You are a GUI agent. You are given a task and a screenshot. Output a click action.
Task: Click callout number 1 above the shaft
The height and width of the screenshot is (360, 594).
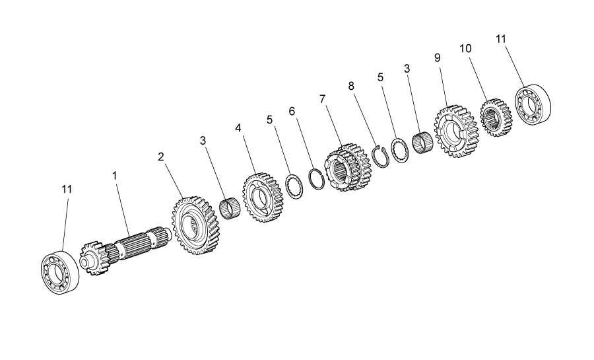(x=114, y=176)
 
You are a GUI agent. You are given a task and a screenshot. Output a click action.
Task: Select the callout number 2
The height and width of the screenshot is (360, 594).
(x=162, y=157)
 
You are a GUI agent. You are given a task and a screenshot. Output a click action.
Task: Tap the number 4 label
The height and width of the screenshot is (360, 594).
(x=238, y=128)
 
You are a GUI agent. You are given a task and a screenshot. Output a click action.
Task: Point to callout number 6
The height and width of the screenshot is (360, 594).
(x=292, y=112)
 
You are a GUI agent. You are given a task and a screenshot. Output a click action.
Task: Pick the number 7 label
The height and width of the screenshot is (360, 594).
(x=322, y=99)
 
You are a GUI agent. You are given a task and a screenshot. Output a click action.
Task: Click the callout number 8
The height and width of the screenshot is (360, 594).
(x=351, y=86)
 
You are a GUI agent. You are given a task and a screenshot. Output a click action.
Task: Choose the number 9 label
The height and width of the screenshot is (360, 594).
(x=438, y=58)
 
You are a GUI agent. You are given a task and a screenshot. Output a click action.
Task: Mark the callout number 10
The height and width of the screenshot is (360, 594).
(x=465, y=48)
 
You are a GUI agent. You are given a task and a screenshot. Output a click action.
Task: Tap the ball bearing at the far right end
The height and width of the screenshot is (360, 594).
(x=533, y=104)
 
